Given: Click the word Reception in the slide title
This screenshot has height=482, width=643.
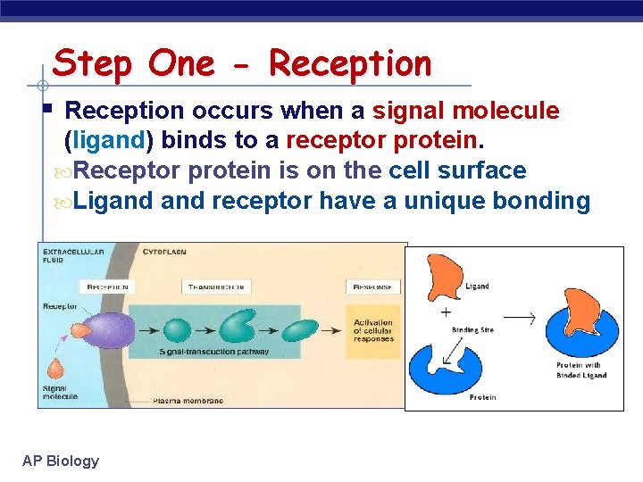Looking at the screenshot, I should click(350, 63).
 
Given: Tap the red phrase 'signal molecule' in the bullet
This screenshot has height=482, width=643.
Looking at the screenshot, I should click(465, 111).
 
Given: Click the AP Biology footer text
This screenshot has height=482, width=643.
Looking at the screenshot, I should click(61, 461).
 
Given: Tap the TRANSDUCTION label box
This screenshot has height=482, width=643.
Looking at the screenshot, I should click(217, 287).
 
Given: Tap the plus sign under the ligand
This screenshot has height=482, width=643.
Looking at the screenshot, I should click(446, 312).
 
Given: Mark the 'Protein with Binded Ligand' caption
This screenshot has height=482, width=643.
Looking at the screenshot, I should click(581, 370).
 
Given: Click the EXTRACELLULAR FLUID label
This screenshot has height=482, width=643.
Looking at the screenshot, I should click(73, 256).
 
